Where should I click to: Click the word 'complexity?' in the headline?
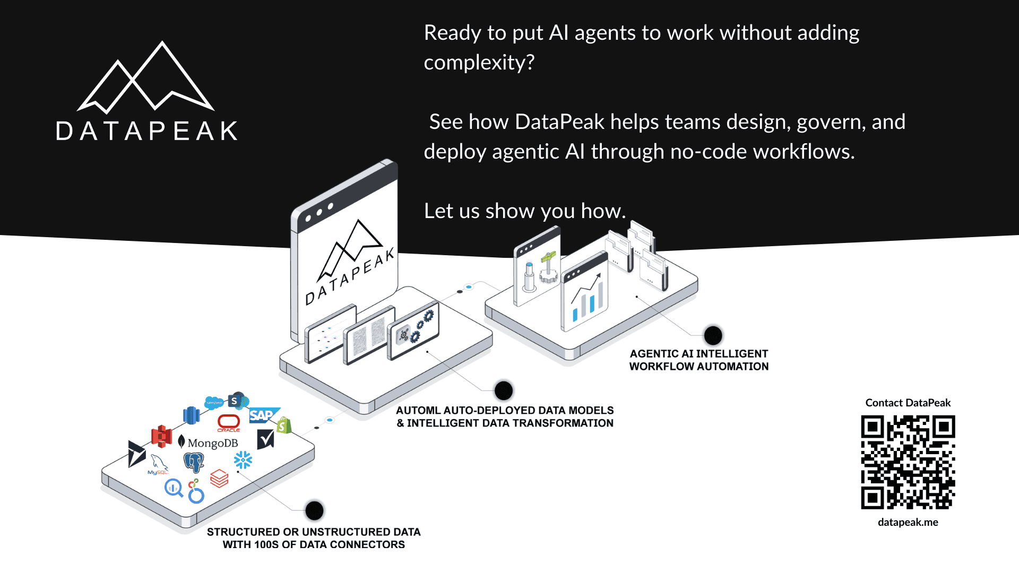click(479, 63)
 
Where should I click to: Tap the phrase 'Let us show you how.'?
click(524, 211)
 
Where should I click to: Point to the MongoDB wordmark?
click(212, 443)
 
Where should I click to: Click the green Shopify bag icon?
click(284, 426)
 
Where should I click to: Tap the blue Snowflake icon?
click(243, 460)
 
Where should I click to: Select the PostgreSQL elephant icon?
click(194, 462)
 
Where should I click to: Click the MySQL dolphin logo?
click(158, 464)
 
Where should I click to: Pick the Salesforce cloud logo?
click(214, 403)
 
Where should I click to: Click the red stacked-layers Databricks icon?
click(219, 479)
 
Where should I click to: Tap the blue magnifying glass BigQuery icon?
click(174, 488)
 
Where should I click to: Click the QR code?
click(908, 462)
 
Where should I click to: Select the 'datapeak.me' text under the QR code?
click(908, 522)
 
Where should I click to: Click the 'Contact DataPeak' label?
click(908, 403)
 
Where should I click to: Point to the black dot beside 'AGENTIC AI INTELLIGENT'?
click(713, 335)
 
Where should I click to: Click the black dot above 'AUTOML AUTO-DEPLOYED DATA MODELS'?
click(503, 391)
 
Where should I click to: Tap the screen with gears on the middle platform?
click(414, 331)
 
